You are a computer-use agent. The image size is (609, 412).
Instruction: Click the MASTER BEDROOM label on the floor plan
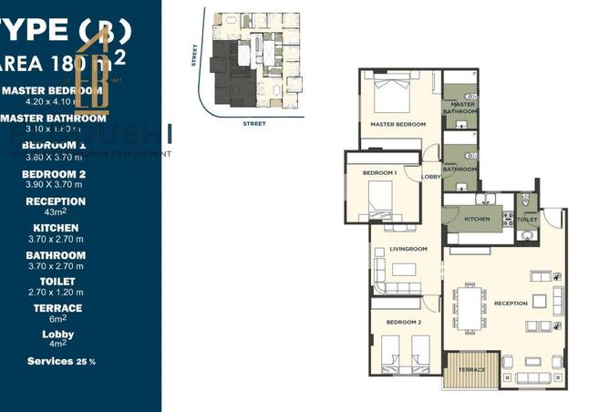coord(393,123)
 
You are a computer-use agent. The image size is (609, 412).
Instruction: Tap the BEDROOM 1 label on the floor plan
coord(379,172)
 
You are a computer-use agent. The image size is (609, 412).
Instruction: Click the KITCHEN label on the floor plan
coord(477,220)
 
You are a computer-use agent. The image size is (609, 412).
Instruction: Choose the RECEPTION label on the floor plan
coord(511,304)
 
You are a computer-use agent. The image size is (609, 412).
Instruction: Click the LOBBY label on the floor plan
coord(430,177)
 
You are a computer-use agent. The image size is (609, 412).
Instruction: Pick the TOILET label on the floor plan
coord(528,220)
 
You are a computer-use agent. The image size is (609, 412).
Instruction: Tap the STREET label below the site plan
coord(253,121)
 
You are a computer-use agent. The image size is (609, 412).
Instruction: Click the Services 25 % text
coord(61,361)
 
